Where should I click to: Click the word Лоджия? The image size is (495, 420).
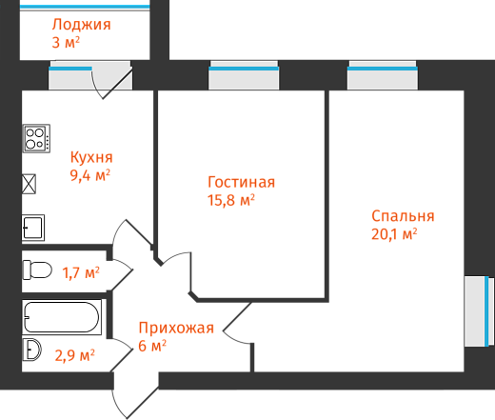(82, 25)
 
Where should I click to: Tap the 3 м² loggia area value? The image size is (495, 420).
(66, 42)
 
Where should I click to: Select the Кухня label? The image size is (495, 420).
(91, 157)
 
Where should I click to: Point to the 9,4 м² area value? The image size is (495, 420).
(90, 175)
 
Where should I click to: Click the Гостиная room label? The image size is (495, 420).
(241, 182)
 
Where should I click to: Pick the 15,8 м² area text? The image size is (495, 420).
(231, 200)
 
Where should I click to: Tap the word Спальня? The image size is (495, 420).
(403, 216)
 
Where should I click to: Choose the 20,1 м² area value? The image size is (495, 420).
(394, 234)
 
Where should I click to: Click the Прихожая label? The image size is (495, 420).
(176, 328)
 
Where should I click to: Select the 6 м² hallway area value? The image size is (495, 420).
(152, 346)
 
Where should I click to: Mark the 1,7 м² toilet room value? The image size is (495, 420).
(81, 273)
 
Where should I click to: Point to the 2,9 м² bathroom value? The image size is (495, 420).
(74, 355)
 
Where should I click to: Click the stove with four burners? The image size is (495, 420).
(36, 138)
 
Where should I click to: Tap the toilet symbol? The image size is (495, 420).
(37, 270)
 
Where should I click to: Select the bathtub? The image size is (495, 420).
(62, 317)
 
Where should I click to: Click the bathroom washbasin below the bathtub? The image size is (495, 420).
(31, 350)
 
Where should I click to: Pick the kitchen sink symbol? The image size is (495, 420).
(33, 228)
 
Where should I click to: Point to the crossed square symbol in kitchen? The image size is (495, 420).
(29, 184)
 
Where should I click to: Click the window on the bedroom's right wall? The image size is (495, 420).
(479, 311)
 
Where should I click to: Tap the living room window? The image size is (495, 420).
(244, 75)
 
